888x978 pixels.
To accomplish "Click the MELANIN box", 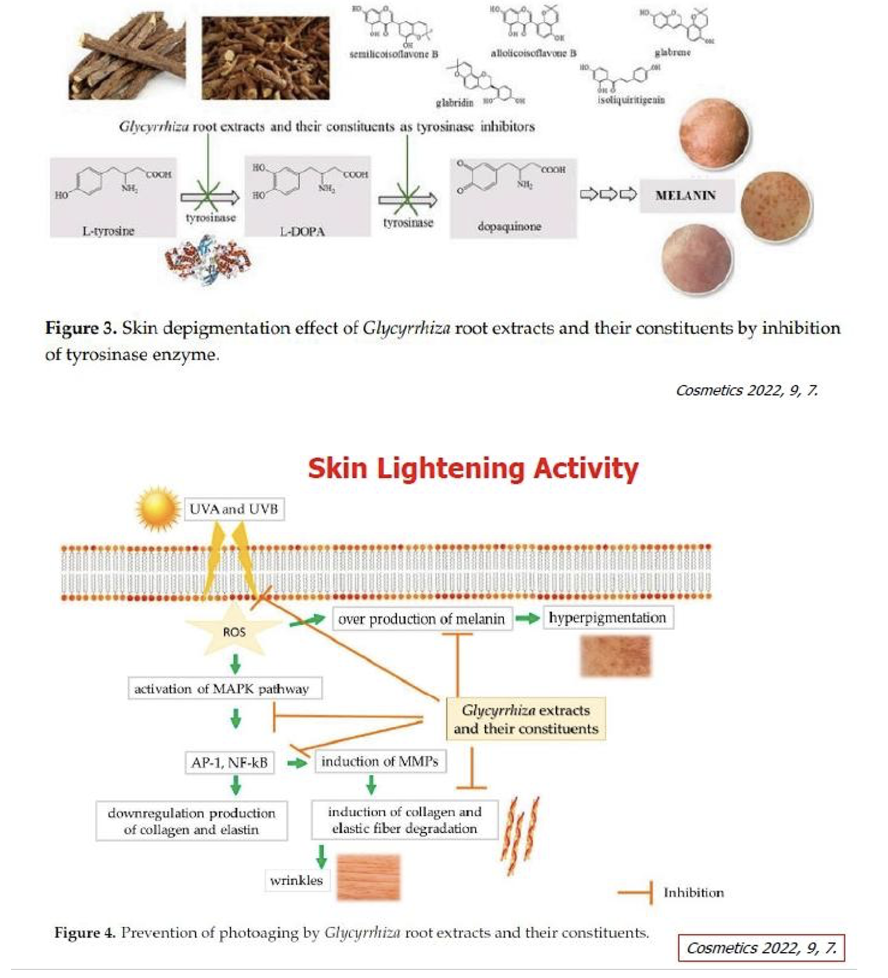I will pos(686,195).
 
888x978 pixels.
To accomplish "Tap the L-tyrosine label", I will pos(108,231).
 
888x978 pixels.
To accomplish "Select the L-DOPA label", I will pos(302,232).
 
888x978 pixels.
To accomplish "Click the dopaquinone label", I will pos(509,227).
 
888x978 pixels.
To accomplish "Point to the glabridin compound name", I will pos(454,103).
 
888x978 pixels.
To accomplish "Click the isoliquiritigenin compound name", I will pos(631,100).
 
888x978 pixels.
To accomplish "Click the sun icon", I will pos(158,509).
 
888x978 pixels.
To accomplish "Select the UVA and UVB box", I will pos(234,509).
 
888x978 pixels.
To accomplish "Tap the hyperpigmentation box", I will pos(607,618).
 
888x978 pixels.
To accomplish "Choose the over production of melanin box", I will pos(422,619).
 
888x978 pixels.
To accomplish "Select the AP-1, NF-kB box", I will pos(229,762).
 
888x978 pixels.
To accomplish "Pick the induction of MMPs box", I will pos(380,761).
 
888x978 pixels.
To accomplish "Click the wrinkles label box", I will pos(296,880).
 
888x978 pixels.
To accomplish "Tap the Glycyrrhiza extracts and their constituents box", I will pos(525,719).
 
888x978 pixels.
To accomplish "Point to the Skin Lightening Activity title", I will pos(473,468).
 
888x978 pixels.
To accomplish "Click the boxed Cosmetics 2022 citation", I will pos(761,948).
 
